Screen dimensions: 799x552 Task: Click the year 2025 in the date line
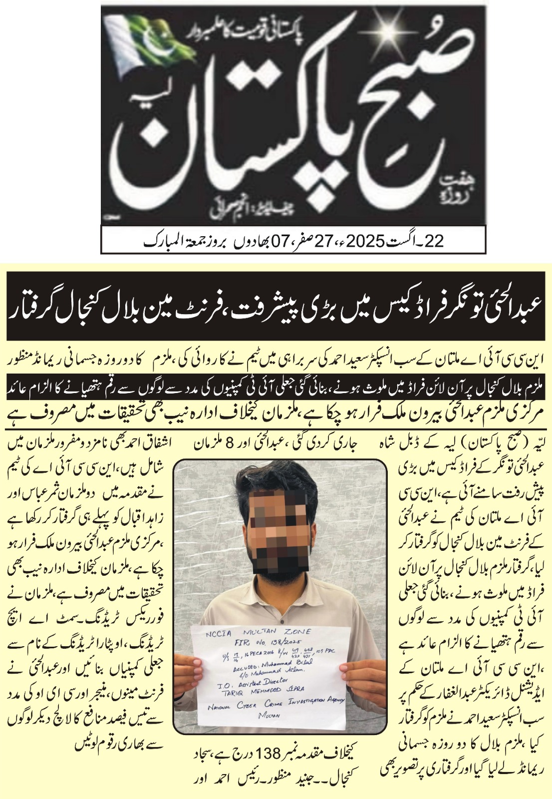coord(365,241)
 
